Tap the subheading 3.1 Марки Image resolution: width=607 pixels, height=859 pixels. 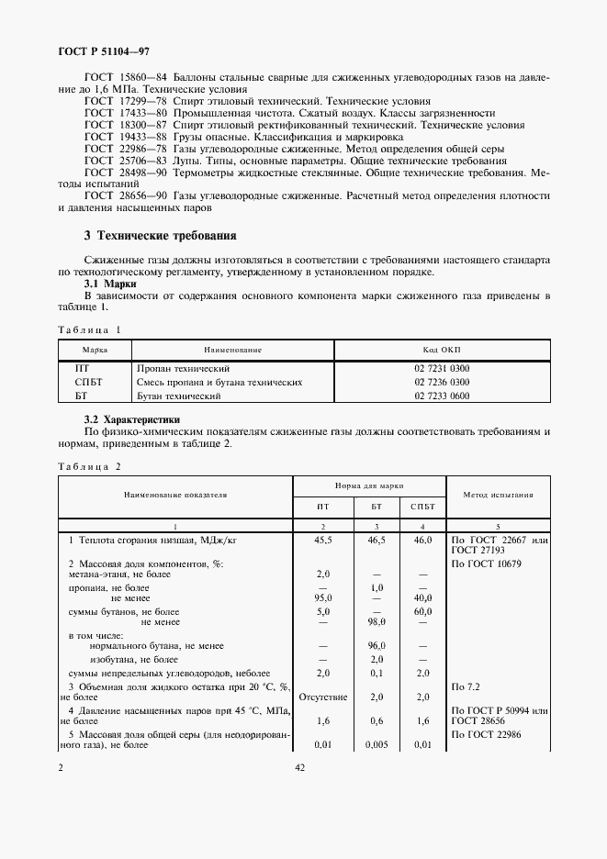(109, 284)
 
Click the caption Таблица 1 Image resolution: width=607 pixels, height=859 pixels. (89, 329)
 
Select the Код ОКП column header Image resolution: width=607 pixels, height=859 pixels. (442, 350)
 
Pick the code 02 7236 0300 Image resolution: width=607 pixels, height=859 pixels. (442, 382)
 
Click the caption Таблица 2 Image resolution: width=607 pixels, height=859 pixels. (89, 466)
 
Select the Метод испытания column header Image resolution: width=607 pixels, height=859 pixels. (499, 494)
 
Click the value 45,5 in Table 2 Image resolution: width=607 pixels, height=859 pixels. (323, 541)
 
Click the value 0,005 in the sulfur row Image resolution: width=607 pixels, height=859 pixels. (376, 744)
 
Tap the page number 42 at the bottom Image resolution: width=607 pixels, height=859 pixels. (299, 768)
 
